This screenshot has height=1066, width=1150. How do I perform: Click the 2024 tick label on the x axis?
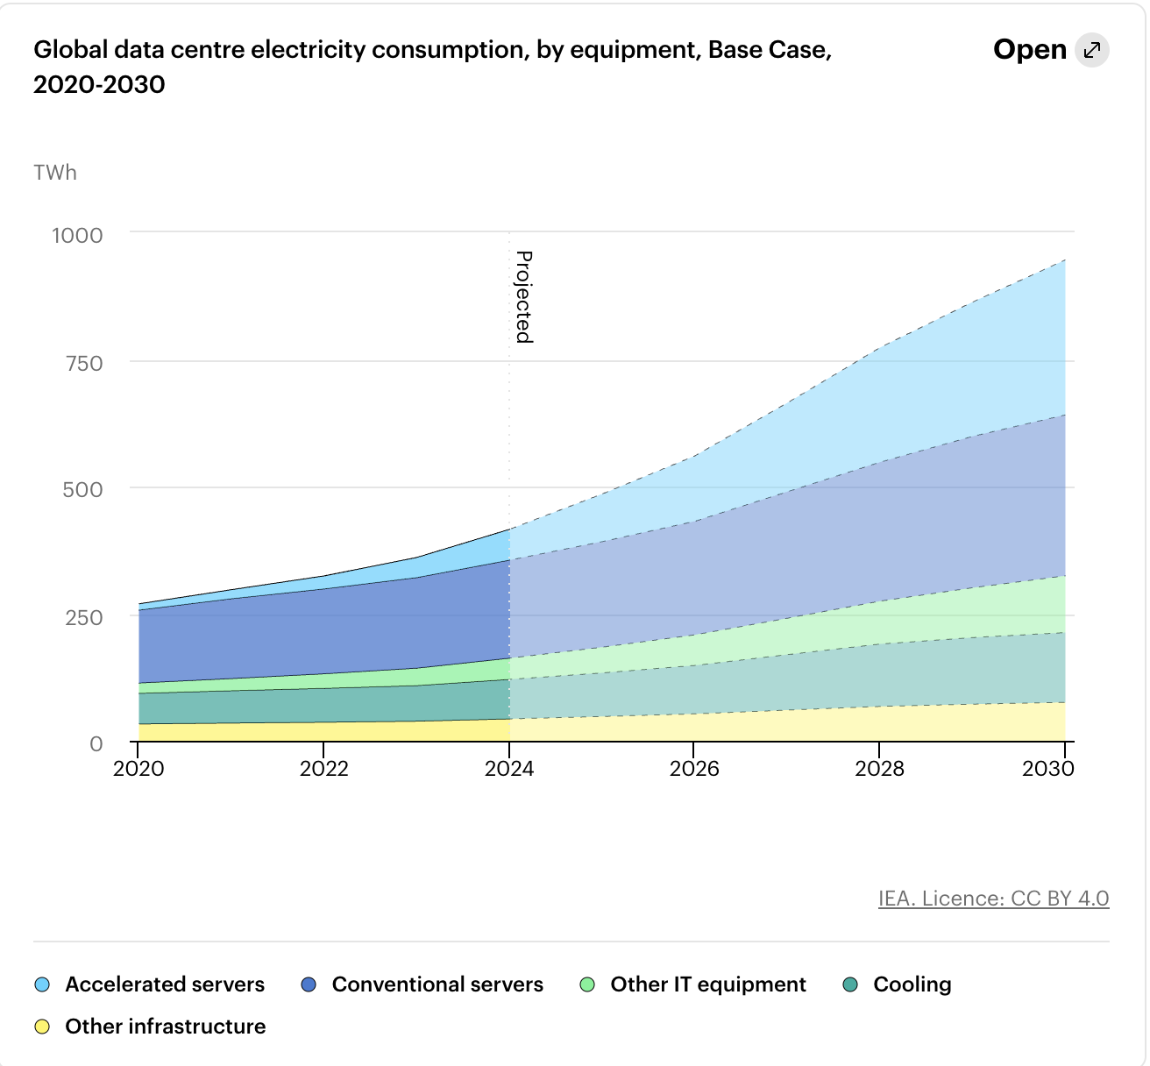(509, 769)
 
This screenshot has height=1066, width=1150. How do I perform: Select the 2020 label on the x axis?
(138, 769)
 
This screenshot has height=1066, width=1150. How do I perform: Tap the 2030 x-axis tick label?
(1048, 769)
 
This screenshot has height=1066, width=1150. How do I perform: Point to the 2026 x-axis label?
(694, 769)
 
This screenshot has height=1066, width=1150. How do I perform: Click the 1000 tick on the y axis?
(77, 236)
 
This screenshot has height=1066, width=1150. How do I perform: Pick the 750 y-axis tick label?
(84, 363)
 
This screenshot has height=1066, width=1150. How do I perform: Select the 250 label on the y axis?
(84, 617)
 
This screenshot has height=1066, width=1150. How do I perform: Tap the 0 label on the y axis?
(96, 744)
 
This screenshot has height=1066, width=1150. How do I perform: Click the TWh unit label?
(55, 173)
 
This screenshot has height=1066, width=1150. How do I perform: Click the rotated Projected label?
(523, 296)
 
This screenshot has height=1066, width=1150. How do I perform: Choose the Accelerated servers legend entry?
(164, 984)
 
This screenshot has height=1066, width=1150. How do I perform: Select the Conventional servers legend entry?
(437, 984)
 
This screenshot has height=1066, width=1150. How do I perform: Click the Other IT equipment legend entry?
(707, 984)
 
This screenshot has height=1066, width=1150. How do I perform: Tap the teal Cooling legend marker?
(850, 985)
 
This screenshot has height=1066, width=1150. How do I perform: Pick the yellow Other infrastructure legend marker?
(42, 1027)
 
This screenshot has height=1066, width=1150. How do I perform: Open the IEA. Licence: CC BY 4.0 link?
(993, 899)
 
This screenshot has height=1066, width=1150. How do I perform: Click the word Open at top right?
(1029, 50)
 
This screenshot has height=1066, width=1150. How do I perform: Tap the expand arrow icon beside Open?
(1092, 50)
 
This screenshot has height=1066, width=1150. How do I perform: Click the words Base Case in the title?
(769, 50)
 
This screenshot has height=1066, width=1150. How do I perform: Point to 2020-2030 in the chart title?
(99, 85)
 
